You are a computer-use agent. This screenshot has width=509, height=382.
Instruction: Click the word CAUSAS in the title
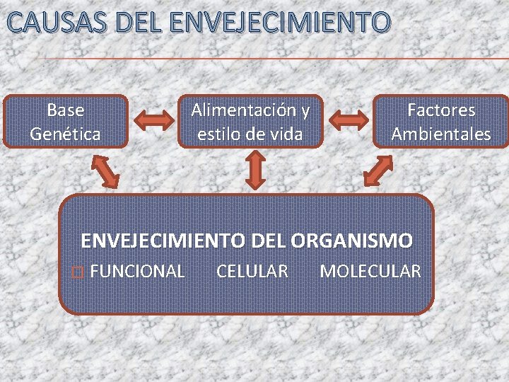tap(54, 23)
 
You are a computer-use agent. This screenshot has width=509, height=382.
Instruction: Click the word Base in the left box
tap(65, 110)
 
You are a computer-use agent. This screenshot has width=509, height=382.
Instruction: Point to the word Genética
tap(65, 133)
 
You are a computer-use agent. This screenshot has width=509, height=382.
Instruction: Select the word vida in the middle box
tap(286, 133)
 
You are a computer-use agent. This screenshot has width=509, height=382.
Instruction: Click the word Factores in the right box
tap(441, 110)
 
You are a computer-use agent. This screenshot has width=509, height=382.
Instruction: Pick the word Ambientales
tap(441, 133)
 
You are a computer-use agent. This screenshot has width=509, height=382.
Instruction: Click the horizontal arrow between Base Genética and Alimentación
tap(153, 121)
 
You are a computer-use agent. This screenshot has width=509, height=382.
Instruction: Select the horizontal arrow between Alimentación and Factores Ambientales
tap(348, 120)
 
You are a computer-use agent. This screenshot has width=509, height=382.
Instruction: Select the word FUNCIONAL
tap(139, 271)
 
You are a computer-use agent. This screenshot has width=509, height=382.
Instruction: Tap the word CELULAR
tap(252, 271)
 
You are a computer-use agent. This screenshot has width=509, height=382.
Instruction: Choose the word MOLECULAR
tap(370, 271)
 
